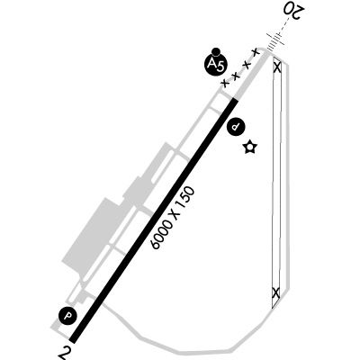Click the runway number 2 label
pos(64,354)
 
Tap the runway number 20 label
pos(293,12)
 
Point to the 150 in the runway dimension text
pos(185,199)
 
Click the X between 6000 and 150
pos(175,215)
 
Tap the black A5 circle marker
pos(215,64)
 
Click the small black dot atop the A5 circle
pos(215,51)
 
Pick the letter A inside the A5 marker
pos(212,63)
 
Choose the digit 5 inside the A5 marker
pos(220,66)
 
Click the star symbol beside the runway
pos(250,147)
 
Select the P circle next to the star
pos(236,127)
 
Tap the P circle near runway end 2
pos(68,316)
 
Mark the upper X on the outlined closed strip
pos(277,67)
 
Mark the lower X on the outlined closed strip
pos(275,292)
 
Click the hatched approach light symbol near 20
pos(274,41)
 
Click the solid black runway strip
pos(154,220)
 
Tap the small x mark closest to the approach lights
pos(256,52)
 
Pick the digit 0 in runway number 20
pos(288,10)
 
